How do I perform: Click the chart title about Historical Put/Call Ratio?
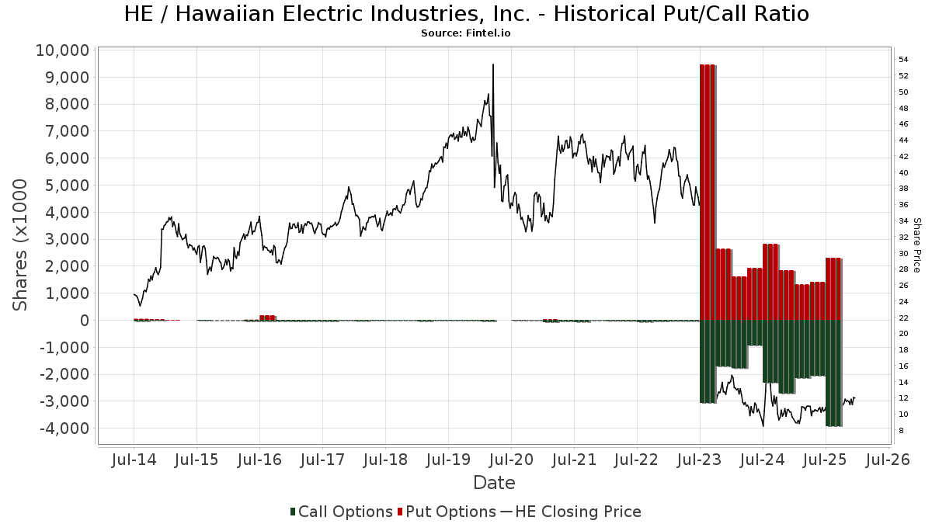coord(466,14)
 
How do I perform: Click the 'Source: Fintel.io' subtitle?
coord(466,33)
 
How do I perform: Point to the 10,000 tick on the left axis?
coord(63,50)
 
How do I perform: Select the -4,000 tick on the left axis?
coord(63,429)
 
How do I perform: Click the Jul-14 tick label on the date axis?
coord(134,460)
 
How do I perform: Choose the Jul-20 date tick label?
coord(511,460)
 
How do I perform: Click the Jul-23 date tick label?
coord(700,460)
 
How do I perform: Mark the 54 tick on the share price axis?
coord(903,60)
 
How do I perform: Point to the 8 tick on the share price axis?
coord(901,431)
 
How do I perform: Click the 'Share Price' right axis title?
coord(917,245)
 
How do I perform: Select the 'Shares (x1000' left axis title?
coord(21,245)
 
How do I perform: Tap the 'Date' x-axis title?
coord(494,483)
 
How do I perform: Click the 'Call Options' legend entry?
coord(342,512)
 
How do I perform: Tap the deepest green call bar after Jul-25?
coord(834,373)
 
